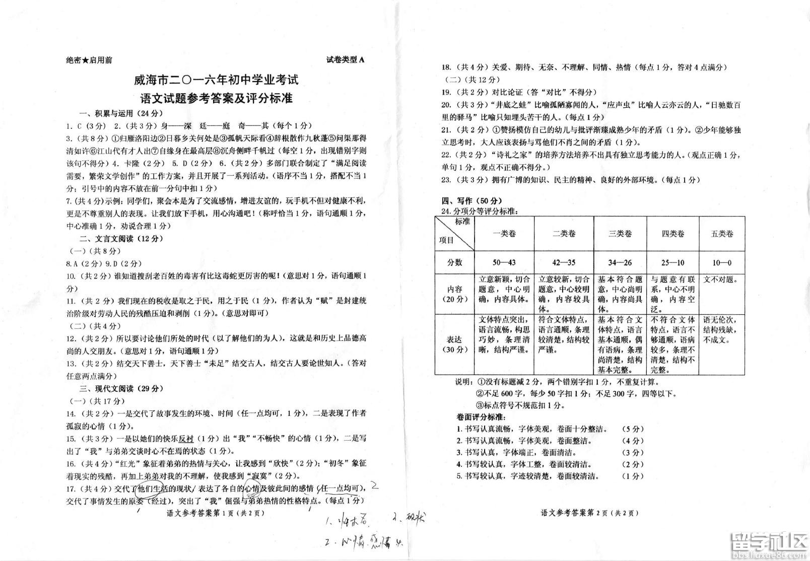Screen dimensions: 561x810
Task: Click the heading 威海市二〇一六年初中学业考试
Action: [216, 80]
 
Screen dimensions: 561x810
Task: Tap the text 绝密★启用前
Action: [89, 60]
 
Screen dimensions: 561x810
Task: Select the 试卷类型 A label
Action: [346, 59]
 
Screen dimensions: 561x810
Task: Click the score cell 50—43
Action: [504, 262]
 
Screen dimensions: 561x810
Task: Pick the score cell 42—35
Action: [564, 262]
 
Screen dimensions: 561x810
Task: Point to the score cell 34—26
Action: [620, 262]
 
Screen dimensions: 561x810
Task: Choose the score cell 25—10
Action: [673, 262]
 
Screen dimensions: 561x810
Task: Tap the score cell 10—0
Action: [722, 262]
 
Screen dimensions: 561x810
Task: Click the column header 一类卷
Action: [504, 234]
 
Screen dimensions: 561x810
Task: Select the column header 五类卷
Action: [722, 234]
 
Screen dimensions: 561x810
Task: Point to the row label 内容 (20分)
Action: [454, 294]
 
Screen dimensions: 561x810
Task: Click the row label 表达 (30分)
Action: [454, 344]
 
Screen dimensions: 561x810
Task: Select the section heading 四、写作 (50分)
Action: [472, 200]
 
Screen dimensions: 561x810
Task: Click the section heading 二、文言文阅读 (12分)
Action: [121, 238]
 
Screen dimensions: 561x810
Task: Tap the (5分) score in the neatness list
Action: [633, 429]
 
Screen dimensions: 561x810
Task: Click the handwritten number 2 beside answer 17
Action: [374, 486]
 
